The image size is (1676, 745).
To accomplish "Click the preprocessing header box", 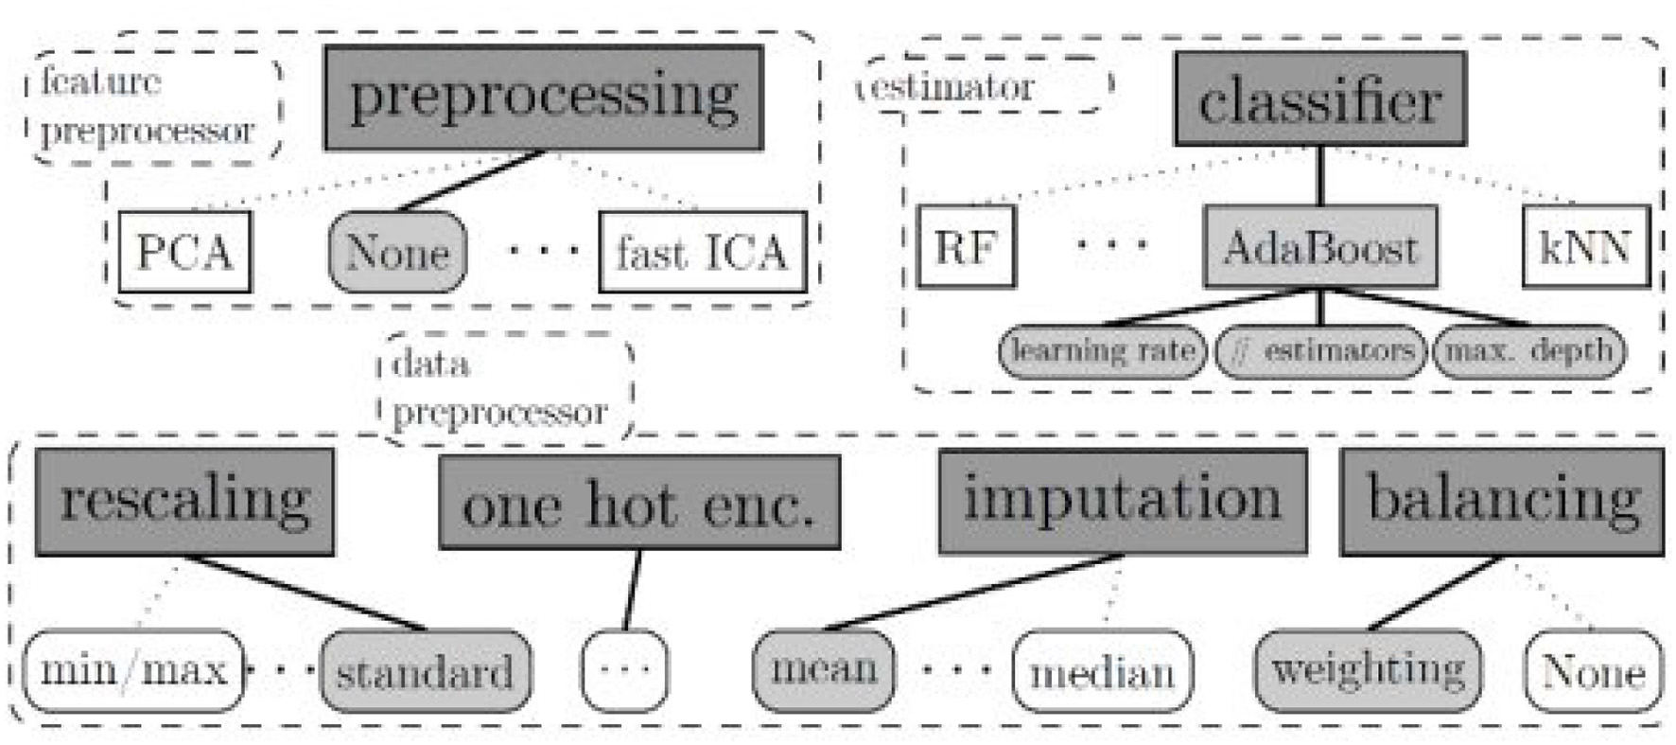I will point(543,98).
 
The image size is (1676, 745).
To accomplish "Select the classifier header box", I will point(1320,99).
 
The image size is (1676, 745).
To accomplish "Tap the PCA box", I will point(185,252).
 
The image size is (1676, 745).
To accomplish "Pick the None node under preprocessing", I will point(397,252).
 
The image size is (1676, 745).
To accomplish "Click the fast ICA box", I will point(703,252).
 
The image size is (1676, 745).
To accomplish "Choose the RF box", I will point(967,247).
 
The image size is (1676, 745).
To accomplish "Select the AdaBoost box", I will point(1320,247).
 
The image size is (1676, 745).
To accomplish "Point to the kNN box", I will point(1585,247).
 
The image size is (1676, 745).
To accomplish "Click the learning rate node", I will point(1103,351).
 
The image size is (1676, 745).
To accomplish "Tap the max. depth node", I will point(1528,351).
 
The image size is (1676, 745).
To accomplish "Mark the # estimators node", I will point(1320,351).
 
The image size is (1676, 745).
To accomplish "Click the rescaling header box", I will point(185,501).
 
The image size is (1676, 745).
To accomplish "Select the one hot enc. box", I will point(639,503).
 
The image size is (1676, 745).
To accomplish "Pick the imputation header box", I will point(1123,501).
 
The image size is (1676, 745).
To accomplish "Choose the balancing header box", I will point(1502,501).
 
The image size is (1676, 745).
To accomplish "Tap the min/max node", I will point(133,671).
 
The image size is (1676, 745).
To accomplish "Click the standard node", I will point(426,671).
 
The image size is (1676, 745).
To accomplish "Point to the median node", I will point(1102,671).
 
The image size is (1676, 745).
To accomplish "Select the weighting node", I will point(1368,670).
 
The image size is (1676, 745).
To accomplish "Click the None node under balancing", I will point(1594,671).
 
